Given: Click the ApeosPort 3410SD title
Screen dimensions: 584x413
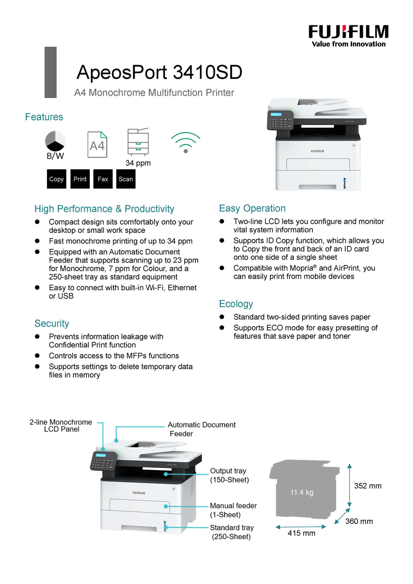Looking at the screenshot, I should click(x=159, y=72).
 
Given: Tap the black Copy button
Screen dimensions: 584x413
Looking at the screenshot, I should click(x=57, y=179).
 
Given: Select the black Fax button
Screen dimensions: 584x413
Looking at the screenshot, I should click(x=103, y=179).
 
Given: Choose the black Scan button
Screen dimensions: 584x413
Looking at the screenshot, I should click(x=126, y=179).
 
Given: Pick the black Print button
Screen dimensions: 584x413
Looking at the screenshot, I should click(x=80, y=179).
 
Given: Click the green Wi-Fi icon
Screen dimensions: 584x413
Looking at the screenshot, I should click(x=185, y=142).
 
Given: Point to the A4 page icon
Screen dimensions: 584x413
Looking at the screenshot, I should click(x=97, y=145).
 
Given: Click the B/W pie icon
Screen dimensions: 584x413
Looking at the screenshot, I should click(x=55, y=142).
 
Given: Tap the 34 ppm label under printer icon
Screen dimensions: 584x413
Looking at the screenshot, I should click(x=138, y=163).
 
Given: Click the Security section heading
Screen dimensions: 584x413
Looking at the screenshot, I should click(x=52, y=324).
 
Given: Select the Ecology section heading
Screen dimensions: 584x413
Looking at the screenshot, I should click(x=236, y=304).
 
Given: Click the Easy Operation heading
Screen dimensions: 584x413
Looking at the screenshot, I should click(x=252, y=208).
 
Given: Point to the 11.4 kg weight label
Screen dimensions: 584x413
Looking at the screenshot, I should click(x=302, y=492).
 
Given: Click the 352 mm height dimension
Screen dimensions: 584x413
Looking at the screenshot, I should click(x=367, y=486).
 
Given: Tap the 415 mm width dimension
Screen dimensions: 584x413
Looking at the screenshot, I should click(x=301, y=533).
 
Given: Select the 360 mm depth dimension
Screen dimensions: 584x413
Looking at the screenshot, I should click(x=359, y=521).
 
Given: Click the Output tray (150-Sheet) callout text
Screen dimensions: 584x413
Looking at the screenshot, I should click(x=229, y=475).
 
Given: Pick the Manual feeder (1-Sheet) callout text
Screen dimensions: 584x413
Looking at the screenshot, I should click(x=233, y=510).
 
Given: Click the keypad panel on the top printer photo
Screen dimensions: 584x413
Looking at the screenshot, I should click(x=280, y=120).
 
